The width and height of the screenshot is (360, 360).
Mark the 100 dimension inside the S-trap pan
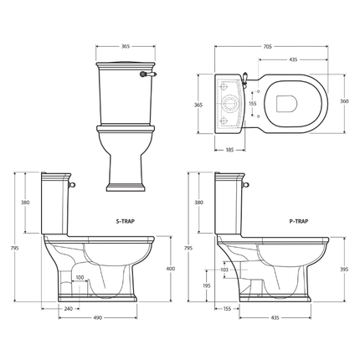point(80,278)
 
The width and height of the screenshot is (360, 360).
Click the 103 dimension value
point(224,270)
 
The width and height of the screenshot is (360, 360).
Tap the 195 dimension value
point(207,285)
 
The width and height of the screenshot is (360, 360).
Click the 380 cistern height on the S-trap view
point(24,202)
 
